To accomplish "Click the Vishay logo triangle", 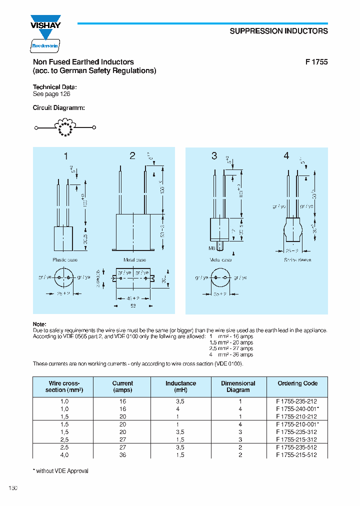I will coord(46,34).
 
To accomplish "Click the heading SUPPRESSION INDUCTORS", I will coord(278,31).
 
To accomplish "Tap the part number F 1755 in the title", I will coord(316,62).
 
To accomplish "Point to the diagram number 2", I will coord(132,156).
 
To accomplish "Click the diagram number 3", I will coord(214,156).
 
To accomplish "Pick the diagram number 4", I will coord(286,156).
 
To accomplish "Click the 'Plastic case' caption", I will coord(65,260).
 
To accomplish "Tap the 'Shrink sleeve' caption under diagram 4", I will coord(297,260).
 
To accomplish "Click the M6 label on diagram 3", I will coord(212,247).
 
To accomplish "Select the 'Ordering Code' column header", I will coord(297,383).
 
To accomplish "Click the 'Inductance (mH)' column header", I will coord(181,386).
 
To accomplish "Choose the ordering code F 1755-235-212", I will coord(296,401).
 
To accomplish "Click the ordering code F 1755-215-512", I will coord(296,455).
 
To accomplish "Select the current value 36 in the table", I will coord(122,455).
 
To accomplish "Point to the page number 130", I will coord(13,488).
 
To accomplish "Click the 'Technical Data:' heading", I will coord(54,87).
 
